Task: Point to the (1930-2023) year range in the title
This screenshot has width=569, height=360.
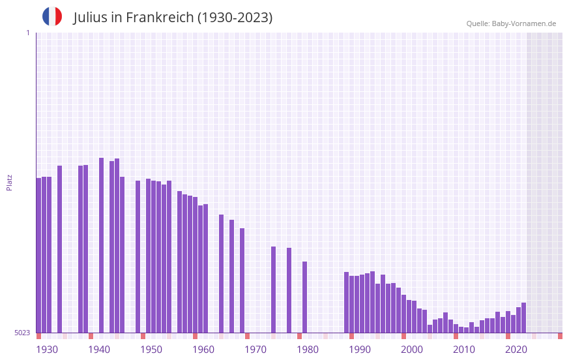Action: (x=235, y=18)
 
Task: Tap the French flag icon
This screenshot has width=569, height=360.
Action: (x=52, y=16)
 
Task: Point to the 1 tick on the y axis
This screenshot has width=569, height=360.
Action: (x=27, y=33)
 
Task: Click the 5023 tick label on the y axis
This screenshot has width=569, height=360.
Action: (x=22, y=333)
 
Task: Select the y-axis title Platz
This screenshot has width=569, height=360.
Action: (x=9, y=182)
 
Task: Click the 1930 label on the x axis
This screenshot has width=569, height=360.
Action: (x=47, y=350)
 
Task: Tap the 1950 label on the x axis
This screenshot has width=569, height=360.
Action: (x=151, y=350)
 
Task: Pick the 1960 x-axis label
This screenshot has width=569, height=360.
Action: (x=203, y=350)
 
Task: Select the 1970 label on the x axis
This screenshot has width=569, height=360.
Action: (x=255, y=350)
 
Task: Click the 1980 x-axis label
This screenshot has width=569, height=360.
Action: (x=308, y=350)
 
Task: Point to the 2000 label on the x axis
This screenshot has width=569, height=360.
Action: (x=412, y=350)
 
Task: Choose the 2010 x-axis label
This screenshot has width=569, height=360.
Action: (x=464, y=350)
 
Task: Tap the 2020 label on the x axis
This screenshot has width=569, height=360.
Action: (x=516, y=350)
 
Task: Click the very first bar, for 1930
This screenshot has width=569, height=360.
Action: (x=39, y=254)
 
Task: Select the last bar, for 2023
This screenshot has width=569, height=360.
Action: (x=523, y=318)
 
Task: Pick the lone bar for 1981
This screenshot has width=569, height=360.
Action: (x=304, y=297)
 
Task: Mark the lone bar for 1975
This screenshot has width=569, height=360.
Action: (x=273, y=290)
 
